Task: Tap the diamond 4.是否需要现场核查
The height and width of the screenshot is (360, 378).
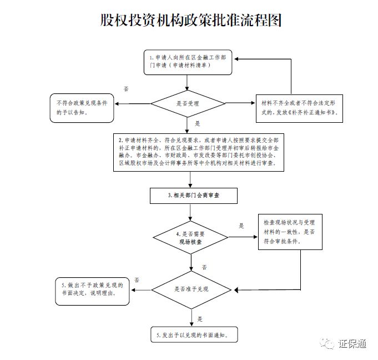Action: coord(190,238)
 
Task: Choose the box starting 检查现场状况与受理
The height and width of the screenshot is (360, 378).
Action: coord(289,233)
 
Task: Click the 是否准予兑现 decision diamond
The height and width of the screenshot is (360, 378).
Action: coord(190,289)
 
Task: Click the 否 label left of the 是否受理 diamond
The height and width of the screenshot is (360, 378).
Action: coord(126,89)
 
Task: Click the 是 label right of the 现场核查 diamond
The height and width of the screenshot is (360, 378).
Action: coord(241,226)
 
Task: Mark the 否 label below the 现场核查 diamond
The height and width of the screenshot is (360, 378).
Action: coord(204,267)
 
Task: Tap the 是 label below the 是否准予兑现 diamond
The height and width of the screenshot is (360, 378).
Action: coord(200,319)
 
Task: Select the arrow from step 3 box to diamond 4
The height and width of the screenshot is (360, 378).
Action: coord(190,212)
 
